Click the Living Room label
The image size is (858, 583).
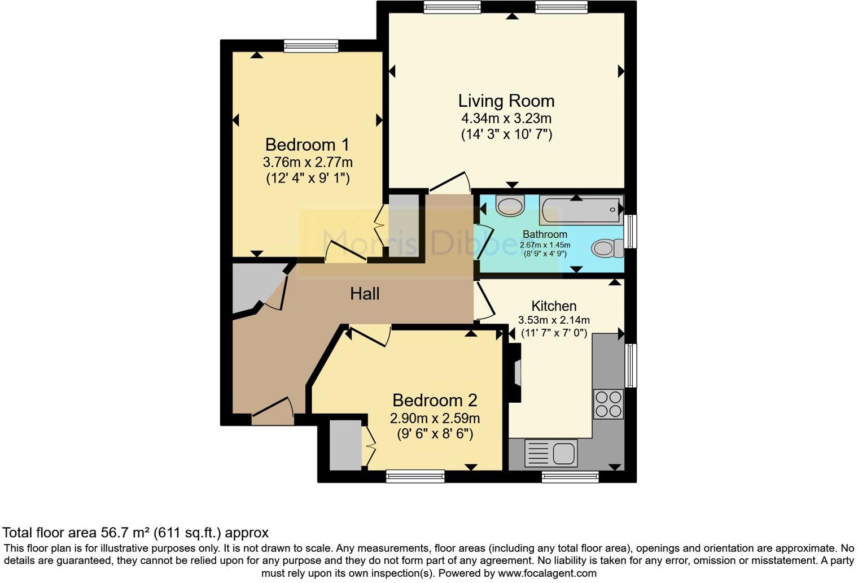[506, 101]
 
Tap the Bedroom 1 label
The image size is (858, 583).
[307, 145]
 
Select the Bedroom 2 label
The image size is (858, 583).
[435, 401]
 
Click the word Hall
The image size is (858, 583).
[365, 294]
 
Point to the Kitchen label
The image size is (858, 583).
[554, 306]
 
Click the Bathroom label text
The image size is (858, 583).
[545, 234]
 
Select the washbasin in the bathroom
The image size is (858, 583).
[510, 206]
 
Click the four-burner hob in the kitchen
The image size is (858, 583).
[609, 404]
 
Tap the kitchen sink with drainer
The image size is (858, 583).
[551, 453]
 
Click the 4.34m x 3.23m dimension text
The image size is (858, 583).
[506, 119]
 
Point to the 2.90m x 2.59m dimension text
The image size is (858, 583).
[435, 419]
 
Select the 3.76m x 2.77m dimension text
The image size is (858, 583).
[308, 163]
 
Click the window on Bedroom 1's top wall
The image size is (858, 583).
[311, 46]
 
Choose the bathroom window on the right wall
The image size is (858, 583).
[631, 231]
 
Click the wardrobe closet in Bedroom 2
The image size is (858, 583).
[345, 445]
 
